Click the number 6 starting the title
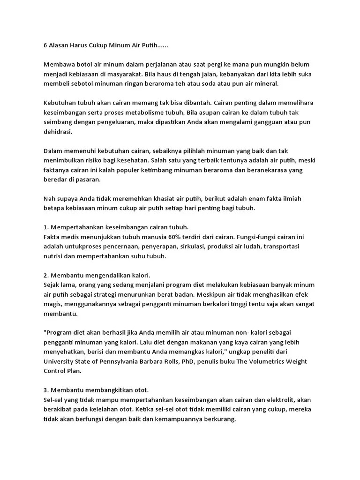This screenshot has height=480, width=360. (x=45, y=46)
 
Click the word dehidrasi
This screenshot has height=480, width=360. (x=58, y=132)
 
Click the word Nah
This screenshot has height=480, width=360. (x=49, y=198)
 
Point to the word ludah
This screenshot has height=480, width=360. (x=242, y=247)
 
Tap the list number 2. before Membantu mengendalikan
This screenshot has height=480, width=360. (x=46, y=275)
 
